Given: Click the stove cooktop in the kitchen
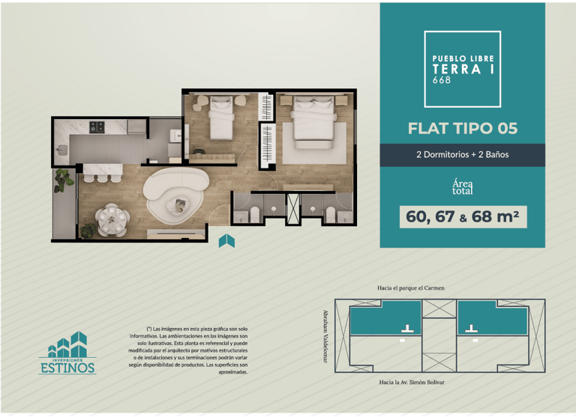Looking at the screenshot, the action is click(x=97, y=127).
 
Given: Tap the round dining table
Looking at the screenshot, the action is click(x=111, y=219).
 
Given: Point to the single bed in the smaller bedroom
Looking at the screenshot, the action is click(x=221, y=118).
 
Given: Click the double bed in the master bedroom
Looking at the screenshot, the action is click(x=314, y=121).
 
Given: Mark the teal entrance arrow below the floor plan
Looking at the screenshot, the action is click(x=226, y=241).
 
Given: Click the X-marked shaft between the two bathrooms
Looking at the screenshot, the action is click(x=293, y=209).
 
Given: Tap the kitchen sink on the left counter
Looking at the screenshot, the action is click(x=62, y=150).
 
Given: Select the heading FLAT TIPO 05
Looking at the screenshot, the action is click(x=463, y=128).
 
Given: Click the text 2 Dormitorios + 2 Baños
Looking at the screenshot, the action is click(x=463, y=154).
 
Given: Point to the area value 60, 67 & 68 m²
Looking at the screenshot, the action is click(x=463, y=217).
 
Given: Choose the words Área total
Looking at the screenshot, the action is click(x=463, y=186).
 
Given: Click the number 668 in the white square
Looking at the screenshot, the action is click(x=442, y=79).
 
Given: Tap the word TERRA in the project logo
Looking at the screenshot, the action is click(x=457, y=69).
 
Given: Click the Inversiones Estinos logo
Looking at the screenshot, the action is click(x=67, y=353).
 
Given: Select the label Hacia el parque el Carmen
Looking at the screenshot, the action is click(x=411, y=288).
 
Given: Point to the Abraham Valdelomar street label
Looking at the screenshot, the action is click(x=325, y=336).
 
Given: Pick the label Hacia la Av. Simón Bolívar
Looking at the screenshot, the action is click(x=412, y=382).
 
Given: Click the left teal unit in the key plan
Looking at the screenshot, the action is click(x=385, y=317).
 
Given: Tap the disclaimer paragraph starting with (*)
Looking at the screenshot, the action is click(x=188, y=350).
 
